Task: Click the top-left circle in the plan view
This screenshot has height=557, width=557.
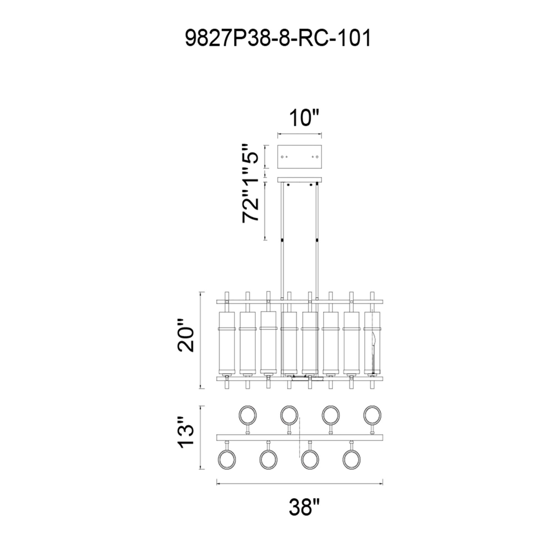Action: point(248,415)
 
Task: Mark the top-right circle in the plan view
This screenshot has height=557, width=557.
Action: point(372,415)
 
